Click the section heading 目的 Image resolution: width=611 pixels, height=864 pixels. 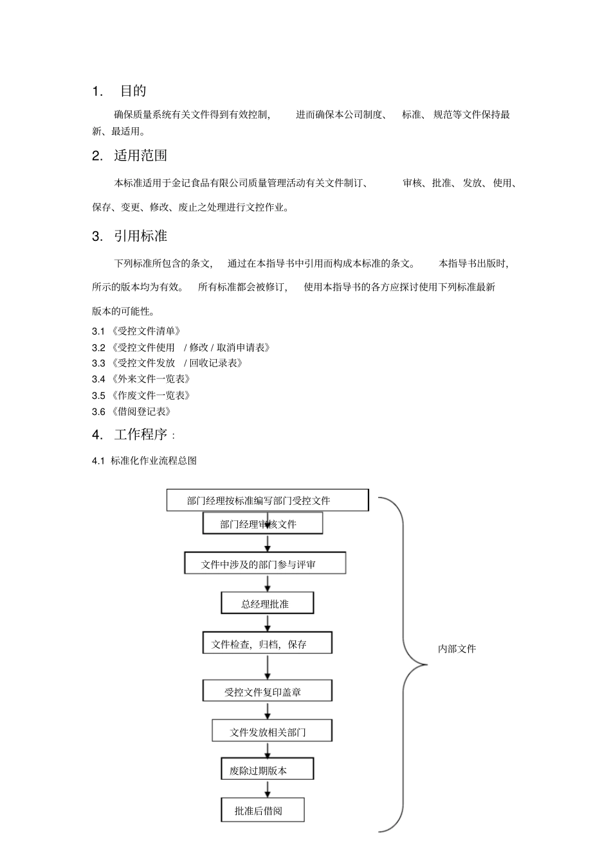click(132, 91)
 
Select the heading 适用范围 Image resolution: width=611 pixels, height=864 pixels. click(140, 155)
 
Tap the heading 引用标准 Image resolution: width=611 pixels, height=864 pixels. click(140, 236)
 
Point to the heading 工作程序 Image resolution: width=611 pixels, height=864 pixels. click(140, 435)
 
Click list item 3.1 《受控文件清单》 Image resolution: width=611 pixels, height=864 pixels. click(136, 331)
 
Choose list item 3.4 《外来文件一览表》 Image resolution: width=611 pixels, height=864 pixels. click(141, 379)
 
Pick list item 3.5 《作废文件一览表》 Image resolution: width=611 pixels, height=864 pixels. click(141, 396)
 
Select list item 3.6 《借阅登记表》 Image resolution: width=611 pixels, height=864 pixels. click(132, 412)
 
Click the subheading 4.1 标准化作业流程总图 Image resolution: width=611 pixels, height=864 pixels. click(145, 461)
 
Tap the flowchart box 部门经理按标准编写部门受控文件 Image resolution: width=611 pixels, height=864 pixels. click(267, 500)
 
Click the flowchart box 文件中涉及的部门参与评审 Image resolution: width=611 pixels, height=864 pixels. click(265, 564)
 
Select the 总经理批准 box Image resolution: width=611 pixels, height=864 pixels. click(267, 604)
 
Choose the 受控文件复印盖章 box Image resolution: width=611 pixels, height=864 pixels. click(267, 692)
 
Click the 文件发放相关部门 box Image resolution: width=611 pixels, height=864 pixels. click(271, 732)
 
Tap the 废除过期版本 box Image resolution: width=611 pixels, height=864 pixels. click(267, 770)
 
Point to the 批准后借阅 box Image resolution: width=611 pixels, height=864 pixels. click(262, 811)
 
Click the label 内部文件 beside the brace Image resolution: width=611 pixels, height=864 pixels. click(457, 649)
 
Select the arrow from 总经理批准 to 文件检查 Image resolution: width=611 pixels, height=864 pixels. click(268, 623)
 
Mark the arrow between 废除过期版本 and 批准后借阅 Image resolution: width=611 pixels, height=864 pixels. click(268, 789)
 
